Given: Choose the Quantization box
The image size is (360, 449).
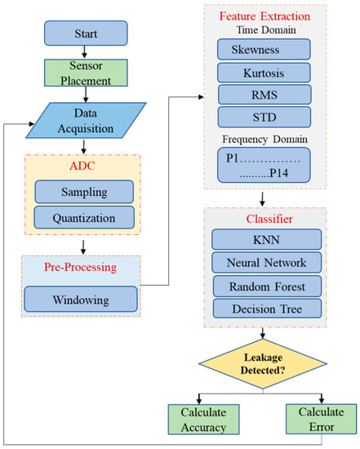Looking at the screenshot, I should (x=86, y=218).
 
